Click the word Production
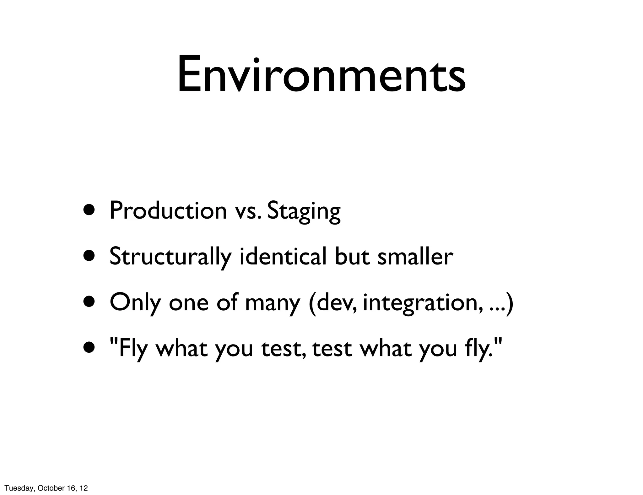(168, 210)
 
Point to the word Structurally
(170, 257)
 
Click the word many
(272, 303)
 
